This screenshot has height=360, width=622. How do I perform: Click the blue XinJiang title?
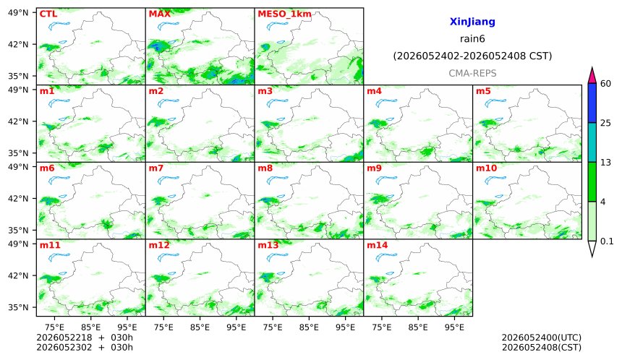pyautogui.click(x=472, y=22)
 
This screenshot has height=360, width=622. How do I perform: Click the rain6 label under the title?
pyautogui.click(x=472, y=39)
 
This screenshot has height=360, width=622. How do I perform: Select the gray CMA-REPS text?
pyautogui.click(x=472, y=73)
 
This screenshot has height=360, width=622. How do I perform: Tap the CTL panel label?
pyautogui.click(x=48, y=14)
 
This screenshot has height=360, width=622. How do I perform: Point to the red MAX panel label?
pyautogui.click(x=159, y=14)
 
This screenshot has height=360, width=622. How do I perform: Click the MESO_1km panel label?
pyautogui.click(x=284, y=14)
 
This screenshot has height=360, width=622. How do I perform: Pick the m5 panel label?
pyautogui.click(x=483, y=91)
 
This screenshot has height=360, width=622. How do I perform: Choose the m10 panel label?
pyautogui.click(x=486, y=168)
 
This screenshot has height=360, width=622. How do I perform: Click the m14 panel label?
pyautogui.click(x=378, y=245)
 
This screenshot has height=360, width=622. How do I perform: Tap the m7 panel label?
pyautogui.click(x=156, y=168)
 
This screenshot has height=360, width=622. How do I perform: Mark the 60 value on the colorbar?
pyautogui.click(x=605, y=84)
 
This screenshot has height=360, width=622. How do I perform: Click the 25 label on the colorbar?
pyautogui.click(x=605, y=123)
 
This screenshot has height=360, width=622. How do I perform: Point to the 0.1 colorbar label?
pyautogui.click(x=607, y=241)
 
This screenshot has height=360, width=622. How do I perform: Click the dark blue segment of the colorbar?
pyautogui.click(x=592, y=103)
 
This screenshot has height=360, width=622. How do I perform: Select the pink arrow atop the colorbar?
pyautogui.click(x=592, y=75)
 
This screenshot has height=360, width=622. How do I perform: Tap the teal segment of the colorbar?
pyautogui.click(x=592, y=142)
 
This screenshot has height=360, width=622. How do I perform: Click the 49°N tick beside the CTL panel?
pyautogui.click(x=18, y=13)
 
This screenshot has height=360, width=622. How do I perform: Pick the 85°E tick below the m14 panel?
pyautogui.click(x=418, y=327)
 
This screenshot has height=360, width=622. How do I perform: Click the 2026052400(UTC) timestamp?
pyautogui.click(x=542, y=338)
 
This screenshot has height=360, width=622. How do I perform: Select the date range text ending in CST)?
pyautogui.click(x=472, y=56)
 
